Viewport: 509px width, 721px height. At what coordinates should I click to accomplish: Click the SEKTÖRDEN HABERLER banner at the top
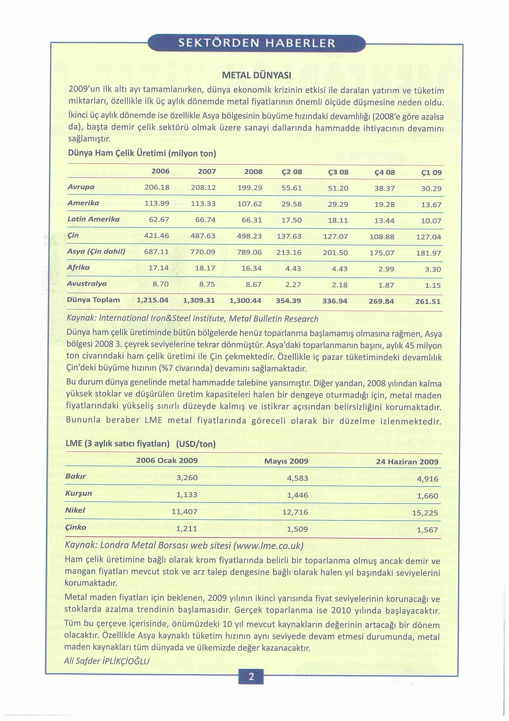click(256, 43)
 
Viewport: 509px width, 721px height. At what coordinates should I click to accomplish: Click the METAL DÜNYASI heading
click(257, 76)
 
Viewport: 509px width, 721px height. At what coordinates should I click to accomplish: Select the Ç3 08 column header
click(338, 172)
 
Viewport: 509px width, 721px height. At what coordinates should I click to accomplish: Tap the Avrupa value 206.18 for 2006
click(157, 187)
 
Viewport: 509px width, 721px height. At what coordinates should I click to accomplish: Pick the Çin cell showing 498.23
click(249, 236)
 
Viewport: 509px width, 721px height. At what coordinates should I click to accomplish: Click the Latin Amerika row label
click(94, 219)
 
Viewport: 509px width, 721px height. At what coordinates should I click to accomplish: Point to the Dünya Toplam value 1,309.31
click(199, 300)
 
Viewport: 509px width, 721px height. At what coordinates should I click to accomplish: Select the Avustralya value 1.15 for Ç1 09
click(433, 285)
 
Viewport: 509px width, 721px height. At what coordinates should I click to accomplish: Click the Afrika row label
click(78, 267)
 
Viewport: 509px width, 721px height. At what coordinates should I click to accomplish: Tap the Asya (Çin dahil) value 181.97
click(428, 253)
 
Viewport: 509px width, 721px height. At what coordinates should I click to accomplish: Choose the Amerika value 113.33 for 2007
click(203, 203)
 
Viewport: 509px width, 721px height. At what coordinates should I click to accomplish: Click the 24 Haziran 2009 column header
click(407, 462)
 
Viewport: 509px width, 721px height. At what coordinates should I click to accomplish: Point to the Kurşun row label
click(78, 493)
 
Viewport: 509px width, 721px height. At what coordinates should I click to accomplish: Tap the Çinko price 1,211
click(186, 529)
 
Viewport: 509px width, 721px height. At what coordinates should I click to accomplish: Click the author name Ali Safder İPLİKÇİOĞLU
click(106, 660)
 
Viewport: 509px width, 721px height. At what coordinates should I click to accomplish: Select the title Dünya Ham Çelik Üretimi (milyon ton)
click(142, 153)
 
